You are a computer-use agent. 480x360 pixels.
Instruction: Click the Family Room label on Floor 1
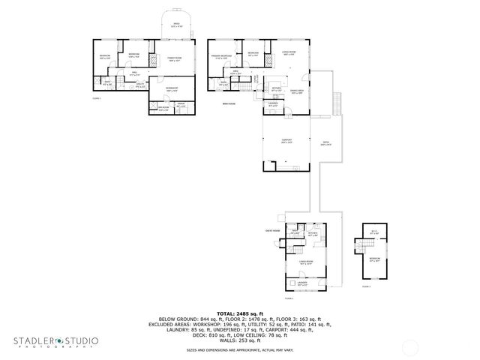click(174, 58)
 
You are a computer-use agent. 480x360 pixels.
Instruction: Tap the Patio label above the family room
click(177, 25)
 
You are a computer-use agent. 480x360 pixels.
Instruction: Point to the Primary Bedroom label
click(220, 56)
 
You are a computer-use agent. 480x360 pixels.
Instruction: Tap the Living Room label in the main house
click(288, 52)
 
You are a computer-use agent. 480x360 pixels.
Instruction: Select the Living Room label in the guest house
click(306, 262)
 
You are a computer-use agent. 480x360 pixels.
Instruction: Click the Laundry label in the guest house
click(302, 284)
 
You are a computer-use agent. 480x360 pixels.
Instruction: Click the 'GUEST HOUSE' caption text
click(271, 230)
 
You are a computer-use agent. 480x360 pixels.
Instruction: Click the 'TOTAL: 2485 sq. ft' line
click(239, 313)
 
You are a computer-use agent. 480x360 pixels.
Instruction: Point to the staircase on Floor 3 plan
click(367, 245)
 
